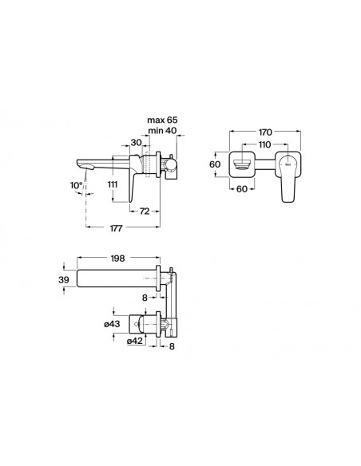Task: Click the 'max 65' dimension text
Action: (162, 120)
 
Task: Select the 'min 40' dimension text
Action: (162, 130)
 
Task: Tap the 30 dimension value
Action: (137, 143)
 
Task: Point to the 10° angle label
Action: (76, 185)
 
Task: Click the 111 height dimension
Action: (113, 184)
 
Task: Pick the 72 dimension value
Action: (145, 211)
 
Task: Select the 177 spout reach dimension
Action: (116, 228)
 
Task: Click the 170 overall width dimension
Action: (265, 132)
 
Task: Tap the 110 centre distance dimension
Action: (264, 144)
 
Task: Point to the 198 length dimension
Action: (117, 259)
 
